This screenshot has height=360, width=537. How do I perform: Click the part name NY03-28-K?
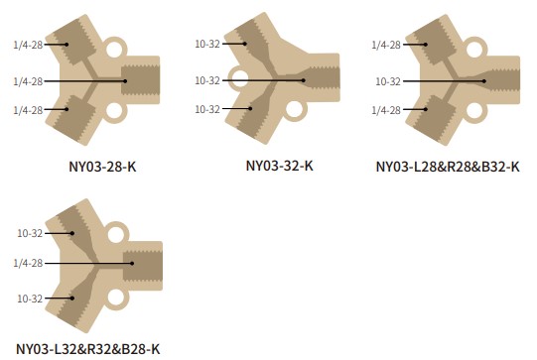[x=103, y=167]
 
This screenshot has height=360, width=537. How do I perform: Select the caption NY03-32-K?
[x=280, y=166]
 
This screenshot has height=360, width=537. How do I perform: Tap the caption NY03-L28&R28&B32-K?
[x=448, y=167]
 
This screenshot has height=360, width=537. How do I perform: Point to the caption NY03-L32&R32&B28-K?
[x=88, y=349]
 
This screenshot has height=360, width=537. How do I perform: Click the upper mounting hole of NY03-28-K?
[x=114, y=49]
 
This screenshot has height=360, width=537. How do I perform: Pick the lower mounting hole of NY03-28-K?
[x=114, y=111]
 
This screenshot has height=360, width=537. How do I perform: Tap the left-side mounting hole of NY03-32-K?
[x=239, y=78]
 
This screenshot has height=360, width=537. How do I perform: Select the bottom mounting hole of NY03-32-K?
[x=294, y=109]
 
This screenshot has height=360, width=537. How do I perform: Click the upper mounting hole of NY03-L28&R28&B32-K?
[x=474, y=49]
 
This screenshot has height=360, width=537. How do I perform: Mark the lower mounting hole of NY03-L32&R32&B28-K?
[x=116, y=298]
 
